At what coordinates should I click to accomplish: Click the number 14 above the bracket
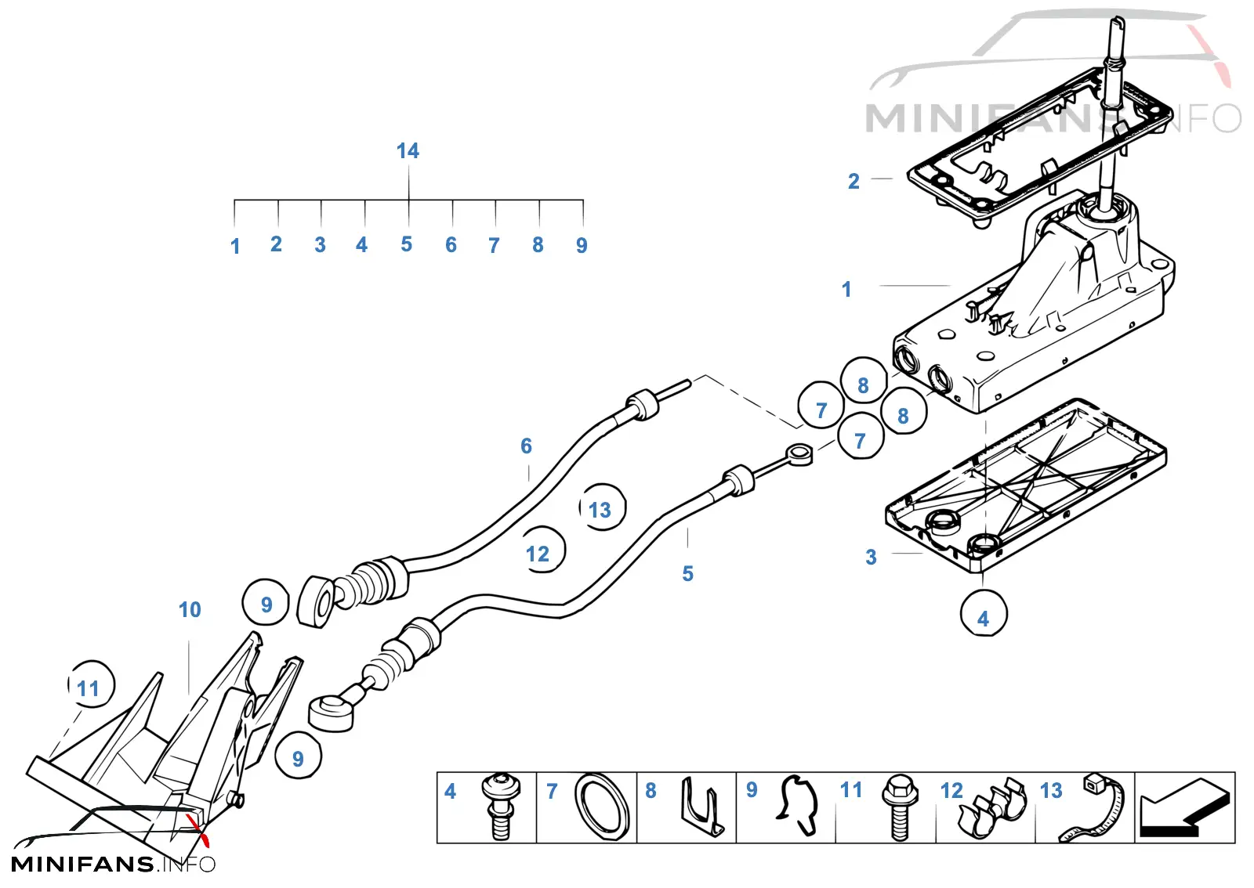click(408, 150)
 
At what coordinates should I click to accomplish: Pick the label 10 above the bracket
click(190, 609)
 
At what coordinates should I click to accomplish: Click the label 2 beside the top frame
click(854, 181)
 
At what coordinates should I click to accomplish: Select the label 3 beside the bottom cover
click(871, 557)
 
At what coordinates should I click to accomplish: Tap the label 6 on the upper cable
click(526, 446)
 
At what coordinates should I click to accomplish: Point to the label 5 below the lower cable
click(687, 573)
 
